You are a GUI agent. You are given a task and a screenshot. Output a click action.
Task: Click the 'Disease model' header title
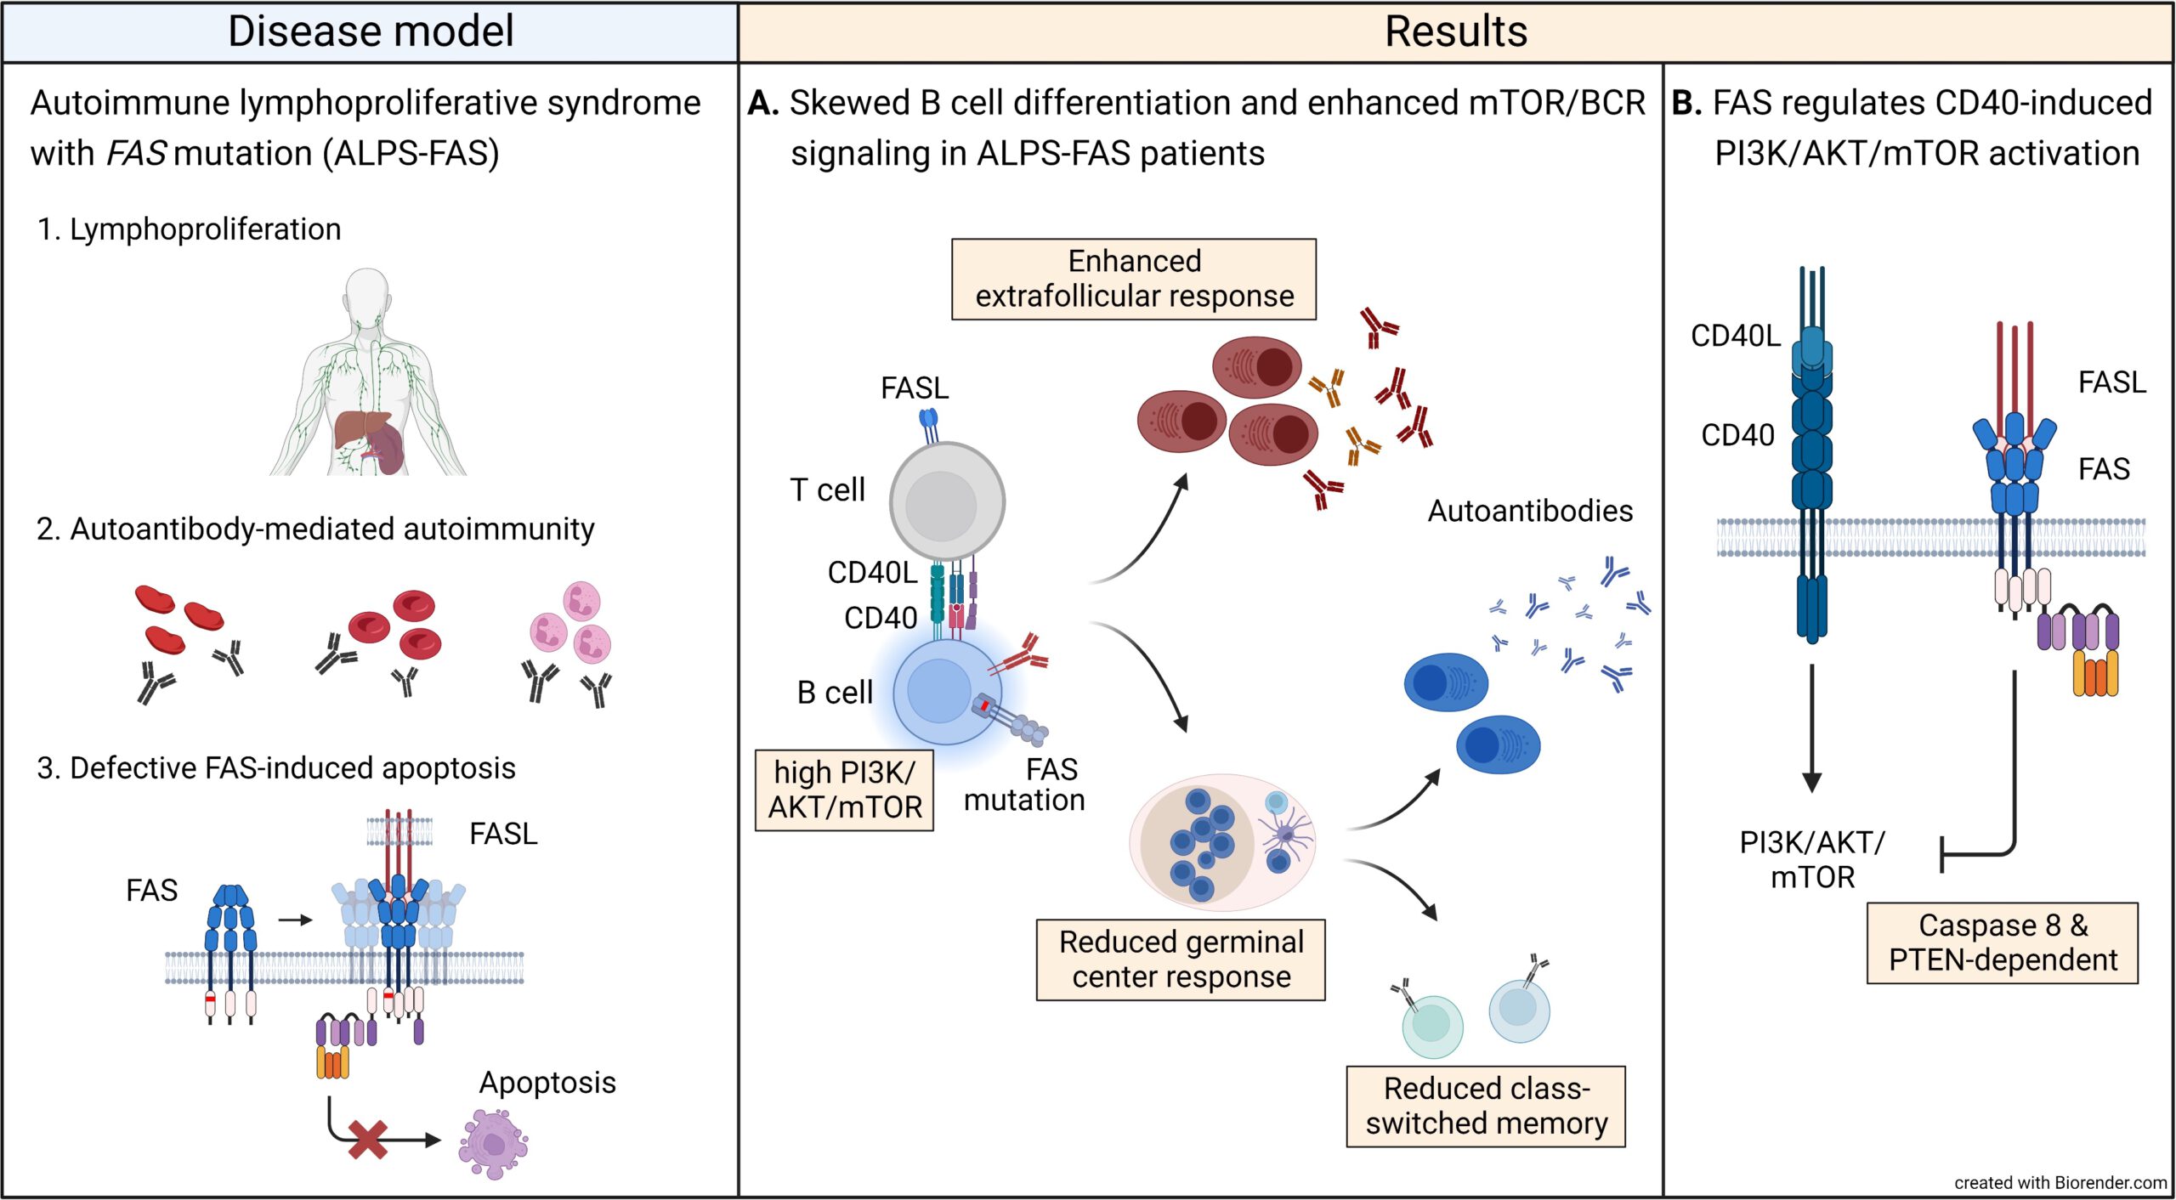coord(371,31)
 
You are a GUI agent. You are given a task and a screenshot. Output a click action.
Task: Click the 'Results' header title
coord(1455,31)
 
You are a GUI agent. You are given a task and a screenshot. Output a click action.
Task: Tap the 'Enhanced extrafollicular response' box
coord(1134,279)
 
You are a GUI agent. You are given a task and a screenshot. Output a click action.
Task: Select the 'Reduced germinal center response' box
coord(1181,959)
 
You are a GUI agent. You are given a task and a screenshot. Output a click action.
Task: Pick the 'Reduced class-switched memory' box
coord(1486,1106)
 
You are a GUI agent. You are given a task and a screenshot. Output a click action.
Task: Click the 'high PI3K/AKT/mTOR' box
coord(844,790)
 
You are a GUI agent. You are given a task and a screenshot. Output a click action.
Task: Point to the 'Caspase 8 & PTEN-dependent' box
coord(2002,942)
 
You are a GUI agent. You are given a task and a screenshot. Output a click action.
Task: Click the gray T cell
coord(946,501)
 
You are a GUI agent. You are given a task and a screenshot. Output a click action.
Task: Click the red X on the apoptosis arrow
coord(368,1140)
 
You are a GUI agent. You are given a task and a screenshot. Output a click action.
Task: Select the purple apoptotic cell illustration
coord(493,1144)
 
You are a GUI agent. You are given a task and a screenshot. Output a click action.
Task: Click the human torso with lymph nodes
coord(369,374)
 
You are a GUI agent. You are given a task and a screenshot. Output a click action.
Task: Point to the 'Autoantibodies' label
coord(1530,511)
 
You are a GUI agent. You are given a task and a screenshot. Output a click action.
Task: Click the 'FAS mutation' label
coord(1025,784)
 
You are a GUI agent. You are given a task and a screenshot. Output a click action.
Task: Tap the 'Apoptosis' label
coord(547,1083)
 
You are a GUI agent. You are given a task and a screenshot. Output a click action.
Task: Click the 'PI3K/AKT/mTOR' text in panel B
coord(1812,859)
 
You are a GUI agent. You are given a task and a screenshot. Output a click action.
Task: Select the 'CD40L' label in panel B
coord(1735,336)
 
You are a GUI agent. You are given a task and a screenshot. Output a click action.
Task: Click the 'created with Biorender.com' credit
coord(2060,1182)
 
